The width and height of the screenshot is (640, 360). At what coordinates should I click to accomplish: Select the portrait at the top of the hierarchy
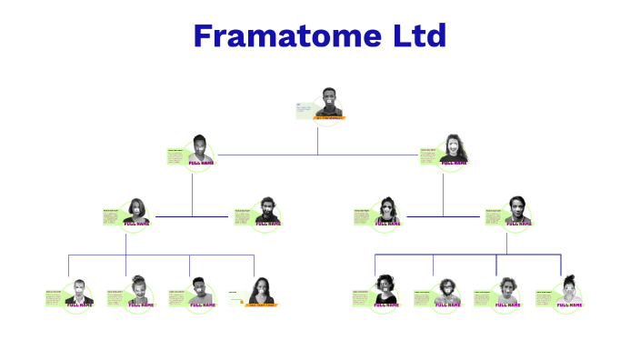[x=330, y=102]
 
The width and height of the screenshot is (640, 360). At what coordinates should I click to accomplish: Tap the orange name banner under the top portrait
[x=329, y=118]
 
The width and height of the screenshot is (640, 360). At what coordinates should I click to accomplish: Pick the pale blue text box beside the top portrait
[x=304, y=110]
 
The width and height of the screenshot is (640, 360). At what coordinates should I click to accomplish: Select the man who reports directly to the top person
[x=200, y=150]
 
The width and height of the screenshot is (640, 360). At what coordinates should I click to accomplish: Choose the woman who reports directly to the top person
[x=453, y=150]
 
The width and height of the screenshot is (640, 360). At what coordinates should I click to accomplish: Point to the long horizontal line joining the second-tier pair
[x=317, y=155]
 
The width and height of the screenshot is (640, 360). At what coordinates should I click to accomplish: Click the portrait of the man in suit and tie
[x=79, y=292]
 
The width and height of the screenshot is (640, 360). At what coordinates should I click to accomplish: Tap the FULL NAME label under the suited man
[x=79, y=305]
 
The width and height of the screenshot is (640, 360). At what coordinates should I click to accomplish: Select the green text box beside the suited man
[x=54, y=296]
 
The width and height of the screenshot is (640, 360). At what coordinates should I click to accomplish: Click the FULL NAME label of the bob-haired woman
[x=136, y=223]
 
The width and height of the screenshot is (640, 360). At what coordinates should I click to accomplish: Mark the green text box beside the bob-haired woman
[x=111, y=215]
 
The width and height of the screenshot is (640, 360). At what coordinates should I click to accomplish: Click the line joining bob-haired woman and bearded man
[x=192, y=216]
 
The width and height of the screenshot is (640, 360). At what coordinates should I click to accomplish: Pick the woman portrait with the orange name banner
[x=261, y=290]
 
